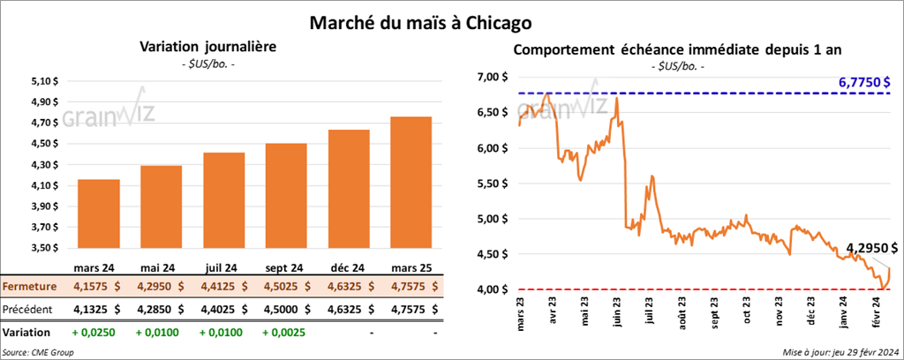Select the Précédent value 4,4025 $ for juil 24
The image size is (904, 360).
223,310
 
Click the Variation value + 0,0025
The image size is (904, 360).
283,334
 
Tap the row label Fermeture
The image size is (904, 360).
32,286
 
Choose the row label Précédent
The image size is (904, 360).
30,310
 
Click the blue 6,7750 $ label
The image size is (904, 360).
867,81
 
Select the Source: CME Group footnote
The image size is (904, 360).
38,352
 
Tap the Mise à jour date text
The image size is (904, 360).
840,352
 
